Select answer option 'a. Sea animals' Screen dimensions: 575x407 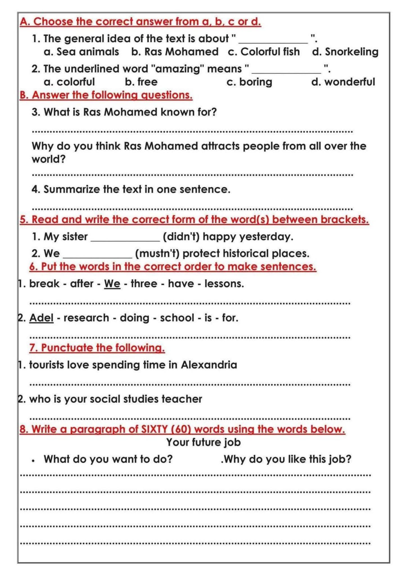pyautogui.click(x=81, y=52)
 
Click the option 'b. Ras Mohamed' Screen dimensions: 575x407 pyautogui.click(x=175, y=52)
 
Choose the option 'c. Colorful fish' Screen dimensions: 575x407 pyautogui.click(x=264, y=52)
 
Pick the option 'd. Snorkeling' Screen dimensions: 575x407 pyautogui.click(x=345, y=52)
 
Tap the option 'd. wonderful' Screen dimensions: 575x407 pyautogui.click(x=343, y=82)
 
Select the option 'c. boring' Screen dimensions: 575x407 pyautogui.click(x=249, y=82)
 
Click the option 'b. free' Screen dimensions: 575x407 pyautogui.click(x=141, y=82)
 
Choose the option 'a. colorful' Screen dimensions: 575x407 pyautogui.click(x=69, y=82)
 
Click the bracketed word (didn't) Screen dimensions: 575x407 pyautogui.click(x=181, y=237)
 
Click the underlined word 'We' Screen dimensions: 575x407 pyautogui.click(x=112, y=284)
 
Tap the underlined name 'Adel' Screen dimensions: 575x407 pyautogui.click(x=41, y=318)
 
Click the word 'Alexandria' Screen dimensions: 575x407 pyautogui.click(x=209, y=365)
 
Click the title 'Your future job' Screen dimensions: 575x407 pyautogui.click(x=203, y=442)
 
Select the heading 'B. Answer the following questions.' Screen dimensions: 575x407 pyautogui.click(x=106, y=95)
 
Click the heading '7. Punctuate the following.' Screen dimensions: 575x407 pyautogui.click(x=97, y=348)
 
